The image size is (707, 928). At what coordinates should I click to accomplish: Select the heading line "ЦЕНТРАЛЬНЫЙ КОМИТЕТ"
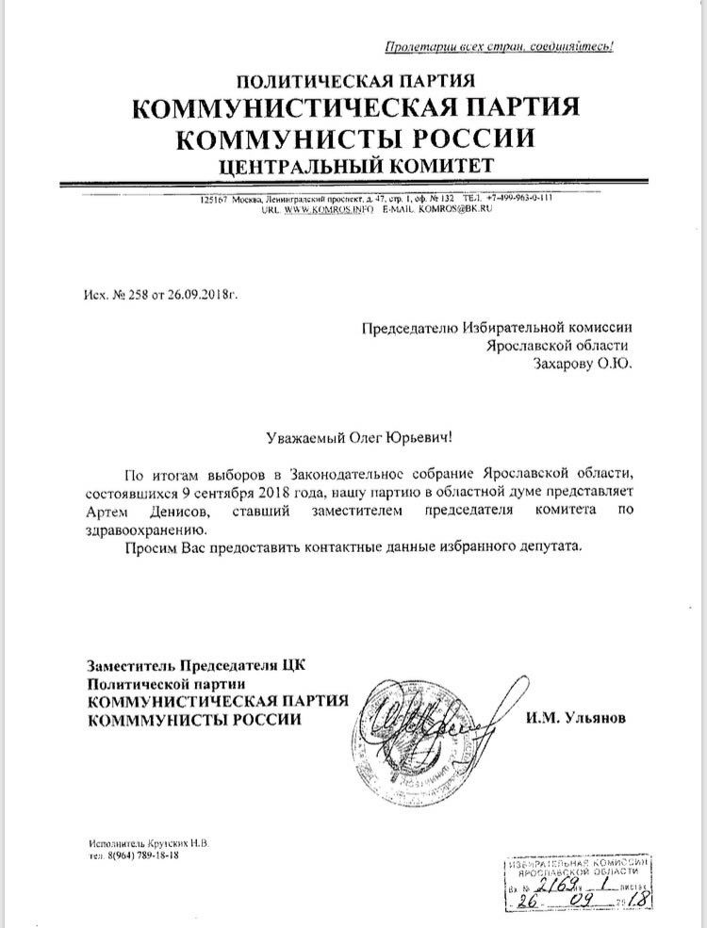pyautogui.click(x=354, y=167)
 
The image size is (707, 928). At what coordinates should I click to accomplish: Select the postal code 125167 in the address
pyautogui.click(x=218, y=198)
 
